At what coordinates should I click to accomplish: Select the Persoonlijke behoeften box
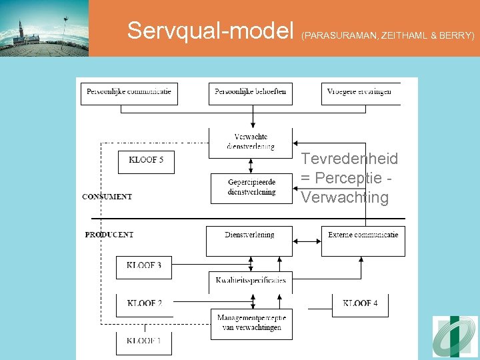click(250, 93)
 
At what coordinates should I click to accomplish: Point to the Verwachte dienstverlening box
click(250, 142)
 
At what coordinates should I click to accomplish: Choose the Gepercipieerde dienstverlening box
click(251, 187)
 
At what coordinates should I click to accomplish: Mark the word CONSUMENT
click(107, 197)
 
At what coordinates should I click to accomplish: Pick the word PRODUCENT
click(109, 235)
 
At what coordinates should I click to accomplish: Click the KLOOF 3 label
click(144, 266)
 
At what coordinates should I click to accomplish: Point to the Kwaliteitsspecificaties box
click(251, 280)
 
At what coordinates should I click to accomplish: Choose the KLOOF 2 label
click(144, 304)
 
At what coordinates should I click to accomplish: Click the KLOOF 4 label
click(360, 304)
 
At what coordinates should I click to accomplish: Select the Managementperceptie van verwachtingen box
click(251, 323)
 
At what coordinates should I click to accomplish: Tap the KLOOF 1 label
click(144, 341)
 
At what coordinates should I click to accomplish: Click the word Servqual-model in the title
click(211, 30)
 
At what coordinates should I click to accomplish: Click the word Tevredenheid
click(349, 159)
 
